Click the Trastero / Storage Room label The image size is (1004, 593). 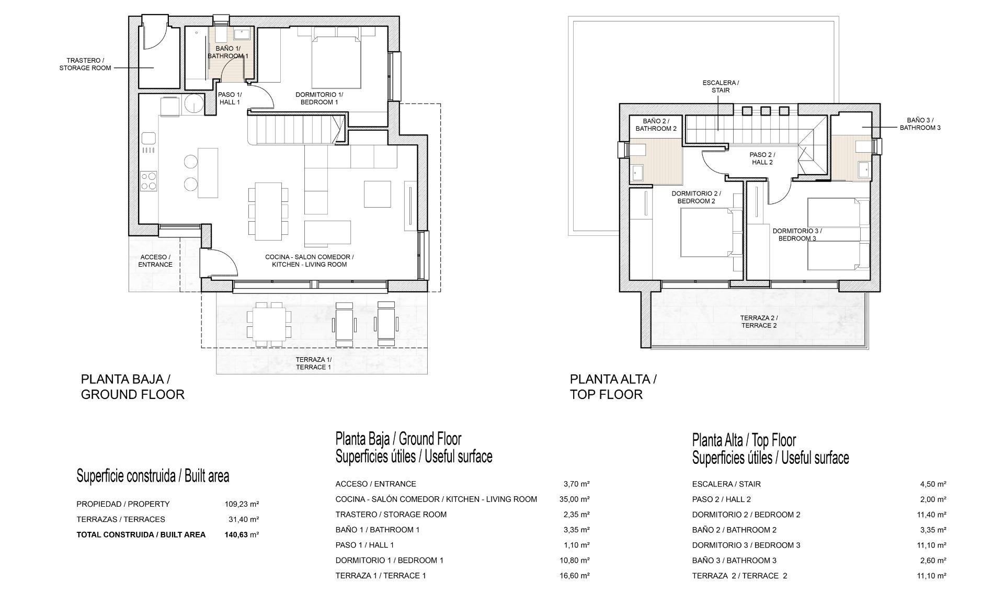[x=85, y=64]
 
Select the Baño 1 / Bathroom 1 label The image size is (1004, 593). [x=228, y=52]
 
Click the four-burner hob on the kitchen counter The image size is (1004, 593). [x=149, y=181]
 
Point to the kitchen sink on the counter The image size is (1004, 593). [x=149, y=138]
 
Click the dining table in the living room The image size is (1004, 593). [x=268, y=211]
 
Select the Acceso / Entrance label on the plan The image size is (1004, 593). [x=155, y=261]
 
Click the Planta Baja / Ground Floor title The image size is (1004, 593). [x=133, y=387]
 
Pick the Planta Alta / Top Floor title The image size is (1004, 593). [x=613, y=387]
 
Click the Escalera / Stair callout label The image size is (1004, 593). [x=721, y=86]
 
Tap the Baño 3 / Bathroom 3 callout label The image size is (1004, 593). [x=920, y=124]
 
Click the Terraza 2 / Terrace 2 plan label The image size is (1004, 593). [x=759, y=322]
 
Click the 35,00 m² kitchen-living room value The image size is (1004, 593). [x=575, y=499]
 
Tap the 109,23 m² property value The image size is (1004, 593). [x=242, y=504]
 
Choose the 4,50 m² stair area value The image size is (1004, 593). [x=933, y=484]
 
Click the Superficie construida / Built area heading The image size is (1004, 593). [x=153, y=476]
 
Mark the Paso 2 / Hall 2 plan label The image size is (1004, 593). [x=762, y=158]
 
